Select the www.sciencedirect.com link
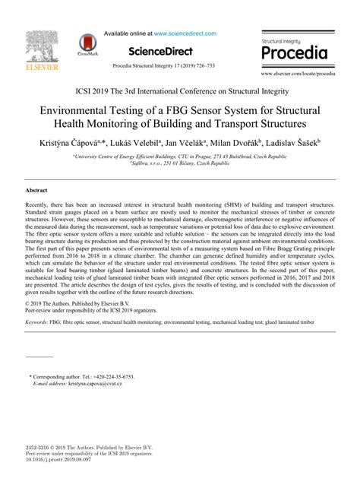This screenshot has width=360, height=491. (x=185, y=33)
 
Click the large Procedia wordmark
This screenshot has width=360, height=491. (x=294, y=53)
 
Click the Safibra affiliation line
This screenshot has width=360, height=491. (x=179, y=162)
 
